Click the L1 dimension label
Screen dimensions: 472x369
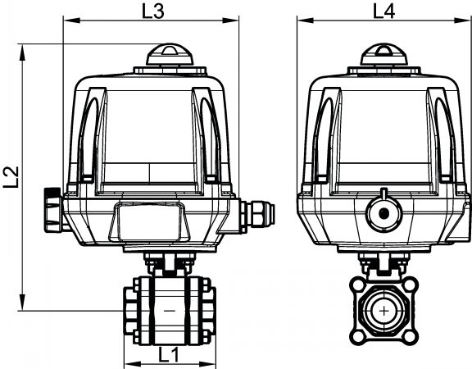[169, 354]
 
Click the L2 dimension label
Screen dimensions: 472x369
[11, 177]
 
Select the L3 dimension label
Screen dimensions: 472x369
[153, 11]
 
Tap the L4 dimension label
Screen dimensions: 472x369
[383, 11]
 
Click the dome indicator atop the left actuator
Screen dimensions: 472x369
[170, 54]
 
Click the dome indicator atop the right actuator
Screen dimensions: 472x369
[383, 54]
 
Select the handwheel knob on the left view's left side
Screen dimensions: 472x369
[53, 210]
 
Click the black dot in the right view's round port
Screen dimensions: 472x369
[383, 213]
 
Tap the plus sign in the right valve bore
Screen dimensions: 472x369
[383, 311]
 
